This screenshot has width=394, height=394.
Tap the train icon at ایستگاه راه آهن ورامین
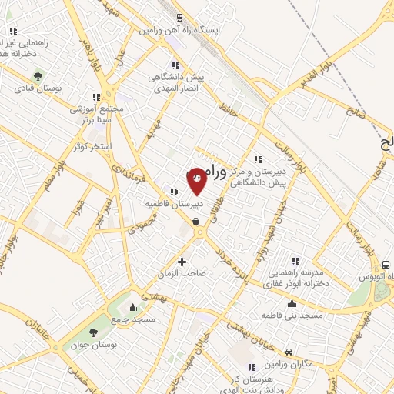[x=179, y=17]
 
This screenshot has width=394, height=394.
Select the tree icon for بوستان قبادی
[x=38, y=75]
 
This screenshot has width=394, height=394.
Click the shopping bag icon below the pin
[x=196, y=222]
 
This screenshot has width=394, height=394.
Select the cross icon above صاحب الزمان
[x=182, y=261]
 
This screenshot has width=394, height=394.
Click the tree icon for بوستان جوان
[x=93, y=333]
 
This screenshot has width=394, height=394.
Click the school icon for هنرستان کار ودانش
[x=251, y=367]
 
